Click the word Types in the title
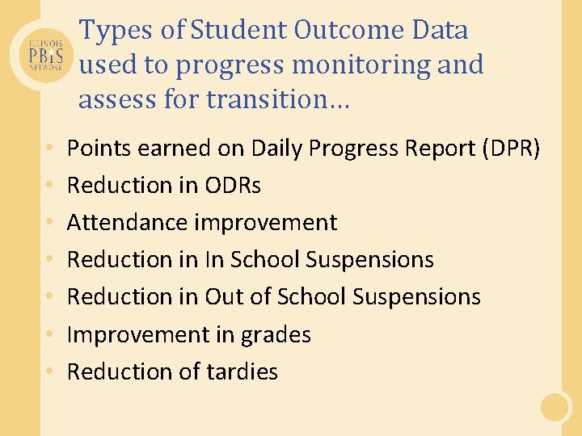pyautogui.click(x=109, y=31)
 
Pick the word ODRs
pyautogui.click(x=233, y=186)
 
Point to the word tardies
pyautogui.click(x=242, y=371)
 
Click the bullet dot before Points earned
pyautogui.click(x=50, y=149)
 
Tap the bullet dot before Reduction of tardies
pyautogui.click(x=50, y=372)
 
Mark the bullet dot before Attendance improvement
pyautogui.click(x=50, y=224)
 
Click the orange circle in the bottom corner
pyautogui.click(x=556, y=407)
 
